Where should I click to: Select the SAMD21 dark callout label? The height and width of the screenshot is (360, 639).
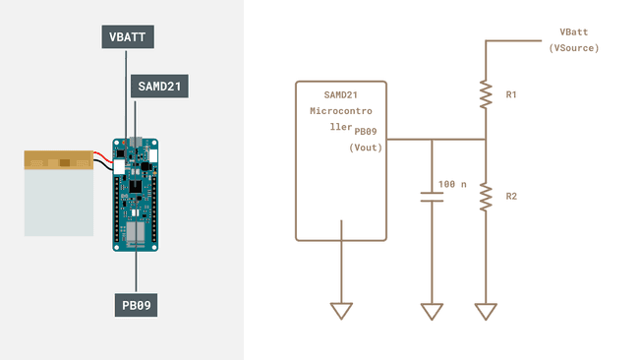pos(159,86)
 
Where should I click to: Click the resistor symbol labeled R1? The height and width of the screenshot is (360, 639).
pos(485,94)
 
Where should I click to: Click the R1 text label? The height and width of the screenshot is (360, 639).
pos(511,95)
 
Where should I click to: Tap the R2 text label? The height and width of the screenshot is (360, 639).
pos(511,197)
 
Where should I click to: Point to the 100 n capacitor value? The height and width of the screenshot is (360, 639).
pos(453,184)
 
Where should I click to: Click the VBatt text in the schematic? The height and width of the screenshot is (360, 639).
pos(574,32)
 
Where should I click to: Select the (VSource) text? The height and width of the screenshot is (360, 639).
pos(574,47)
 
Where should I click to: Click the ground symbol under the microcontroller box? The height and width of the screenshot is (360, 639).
pos(341,311)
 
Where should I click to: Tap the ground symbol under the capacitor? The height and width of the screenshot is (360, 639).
pos(432,311)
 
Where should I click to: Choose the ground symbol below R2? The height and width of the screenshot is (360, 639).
pos(485,311)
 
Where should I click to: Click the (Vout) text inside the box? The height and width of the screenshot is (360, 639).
pos(366,147)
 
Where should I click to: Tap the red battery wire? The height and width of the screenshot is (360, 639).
pos(104,155)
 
